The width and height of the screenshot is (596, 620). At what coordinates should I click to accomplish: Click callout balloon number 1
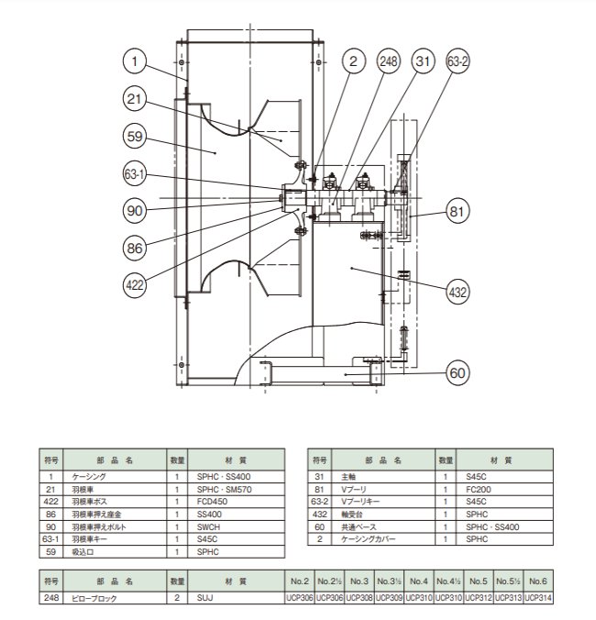[x=134, y=61]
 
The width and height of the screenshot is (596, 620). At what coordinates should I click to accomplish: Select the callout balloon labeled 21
[x=134, y=99]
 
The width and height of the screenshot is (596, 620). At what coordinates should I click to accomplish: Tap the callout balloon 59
[x=134, y=138]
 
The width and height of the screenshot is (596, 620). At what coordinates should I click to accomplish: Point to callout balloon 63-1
[x=134, y=173]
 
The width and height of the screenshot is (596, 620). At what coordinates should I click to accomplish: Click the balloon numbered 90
[x=134, y=210]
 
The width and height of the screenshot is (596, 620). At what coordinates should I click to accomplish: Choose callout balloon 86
[x=134, y=247]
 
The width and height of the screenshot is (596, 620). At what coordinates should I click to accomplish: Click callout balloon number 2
[x=351, y=61]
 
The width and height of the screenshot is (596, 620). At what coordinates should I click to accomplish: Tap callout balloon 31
[x=423, y=61]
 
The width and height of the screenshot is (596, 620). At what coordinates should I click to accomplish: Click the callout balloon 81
[x=459, y=211]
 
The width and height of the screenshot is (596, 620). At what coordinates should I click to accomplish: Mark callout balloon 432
[x=458, y=293]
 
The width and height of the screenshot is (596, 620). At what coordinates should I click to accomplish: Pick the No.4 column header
[x=419, y=581]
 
